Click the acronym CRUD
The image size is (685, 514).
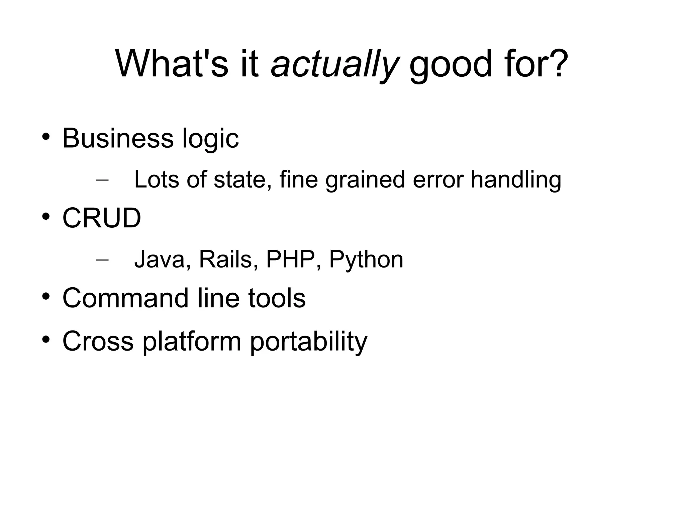point(102,218)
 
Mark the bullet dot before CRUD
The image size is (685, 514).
point(46,217)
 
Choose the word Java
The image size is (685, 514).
point(159,259)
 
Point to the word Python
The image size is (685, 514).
point(366,260)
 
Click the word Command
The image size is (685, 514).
point(126,298)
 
